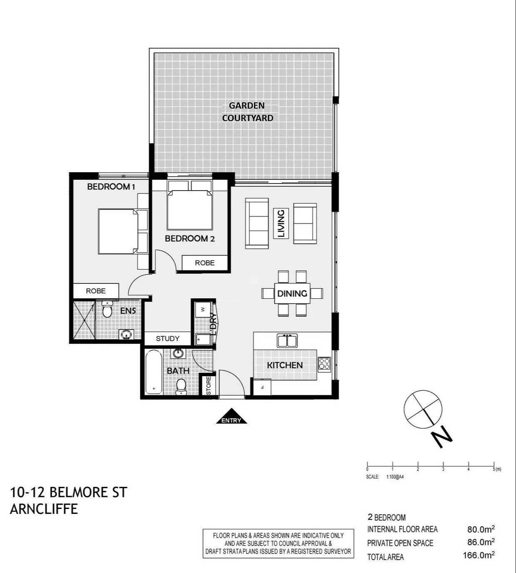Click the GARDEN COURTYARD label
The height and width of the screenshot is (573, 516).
[247, 112]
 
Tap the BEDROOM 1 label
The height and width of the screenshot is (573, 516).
[111, 187]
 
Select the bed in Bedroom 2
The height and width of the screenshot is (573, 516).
[190, 206]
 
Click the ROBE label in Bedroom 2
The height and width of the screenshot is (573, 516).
[204, 263]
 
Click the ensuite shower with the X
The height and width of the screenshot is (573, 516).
[84, 320]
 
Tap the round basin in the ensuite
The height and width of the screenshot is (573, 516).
[126, 334]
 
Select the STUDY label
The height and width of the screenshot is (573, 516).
[167, 339]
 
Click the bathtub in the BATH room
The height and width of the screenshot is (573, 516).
[154, 372]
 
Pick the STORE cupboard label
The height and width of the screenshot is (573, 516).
[209, 386]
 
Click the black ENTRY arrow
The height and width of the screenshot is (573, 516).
[232, 416]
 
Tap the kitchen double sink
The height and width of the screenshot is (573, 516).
[287, 340]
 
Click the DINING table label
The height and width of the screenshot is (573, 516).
[292, 293]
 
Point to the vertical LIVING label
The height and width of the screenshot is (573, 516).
[281, 223]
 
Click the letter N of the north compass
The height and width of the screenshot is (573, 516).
[441, 437]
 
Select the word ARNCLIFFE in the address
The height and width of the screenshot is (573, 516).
[44, 509]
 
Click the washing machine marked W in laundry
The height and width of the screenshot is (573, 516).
[203, 310]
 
